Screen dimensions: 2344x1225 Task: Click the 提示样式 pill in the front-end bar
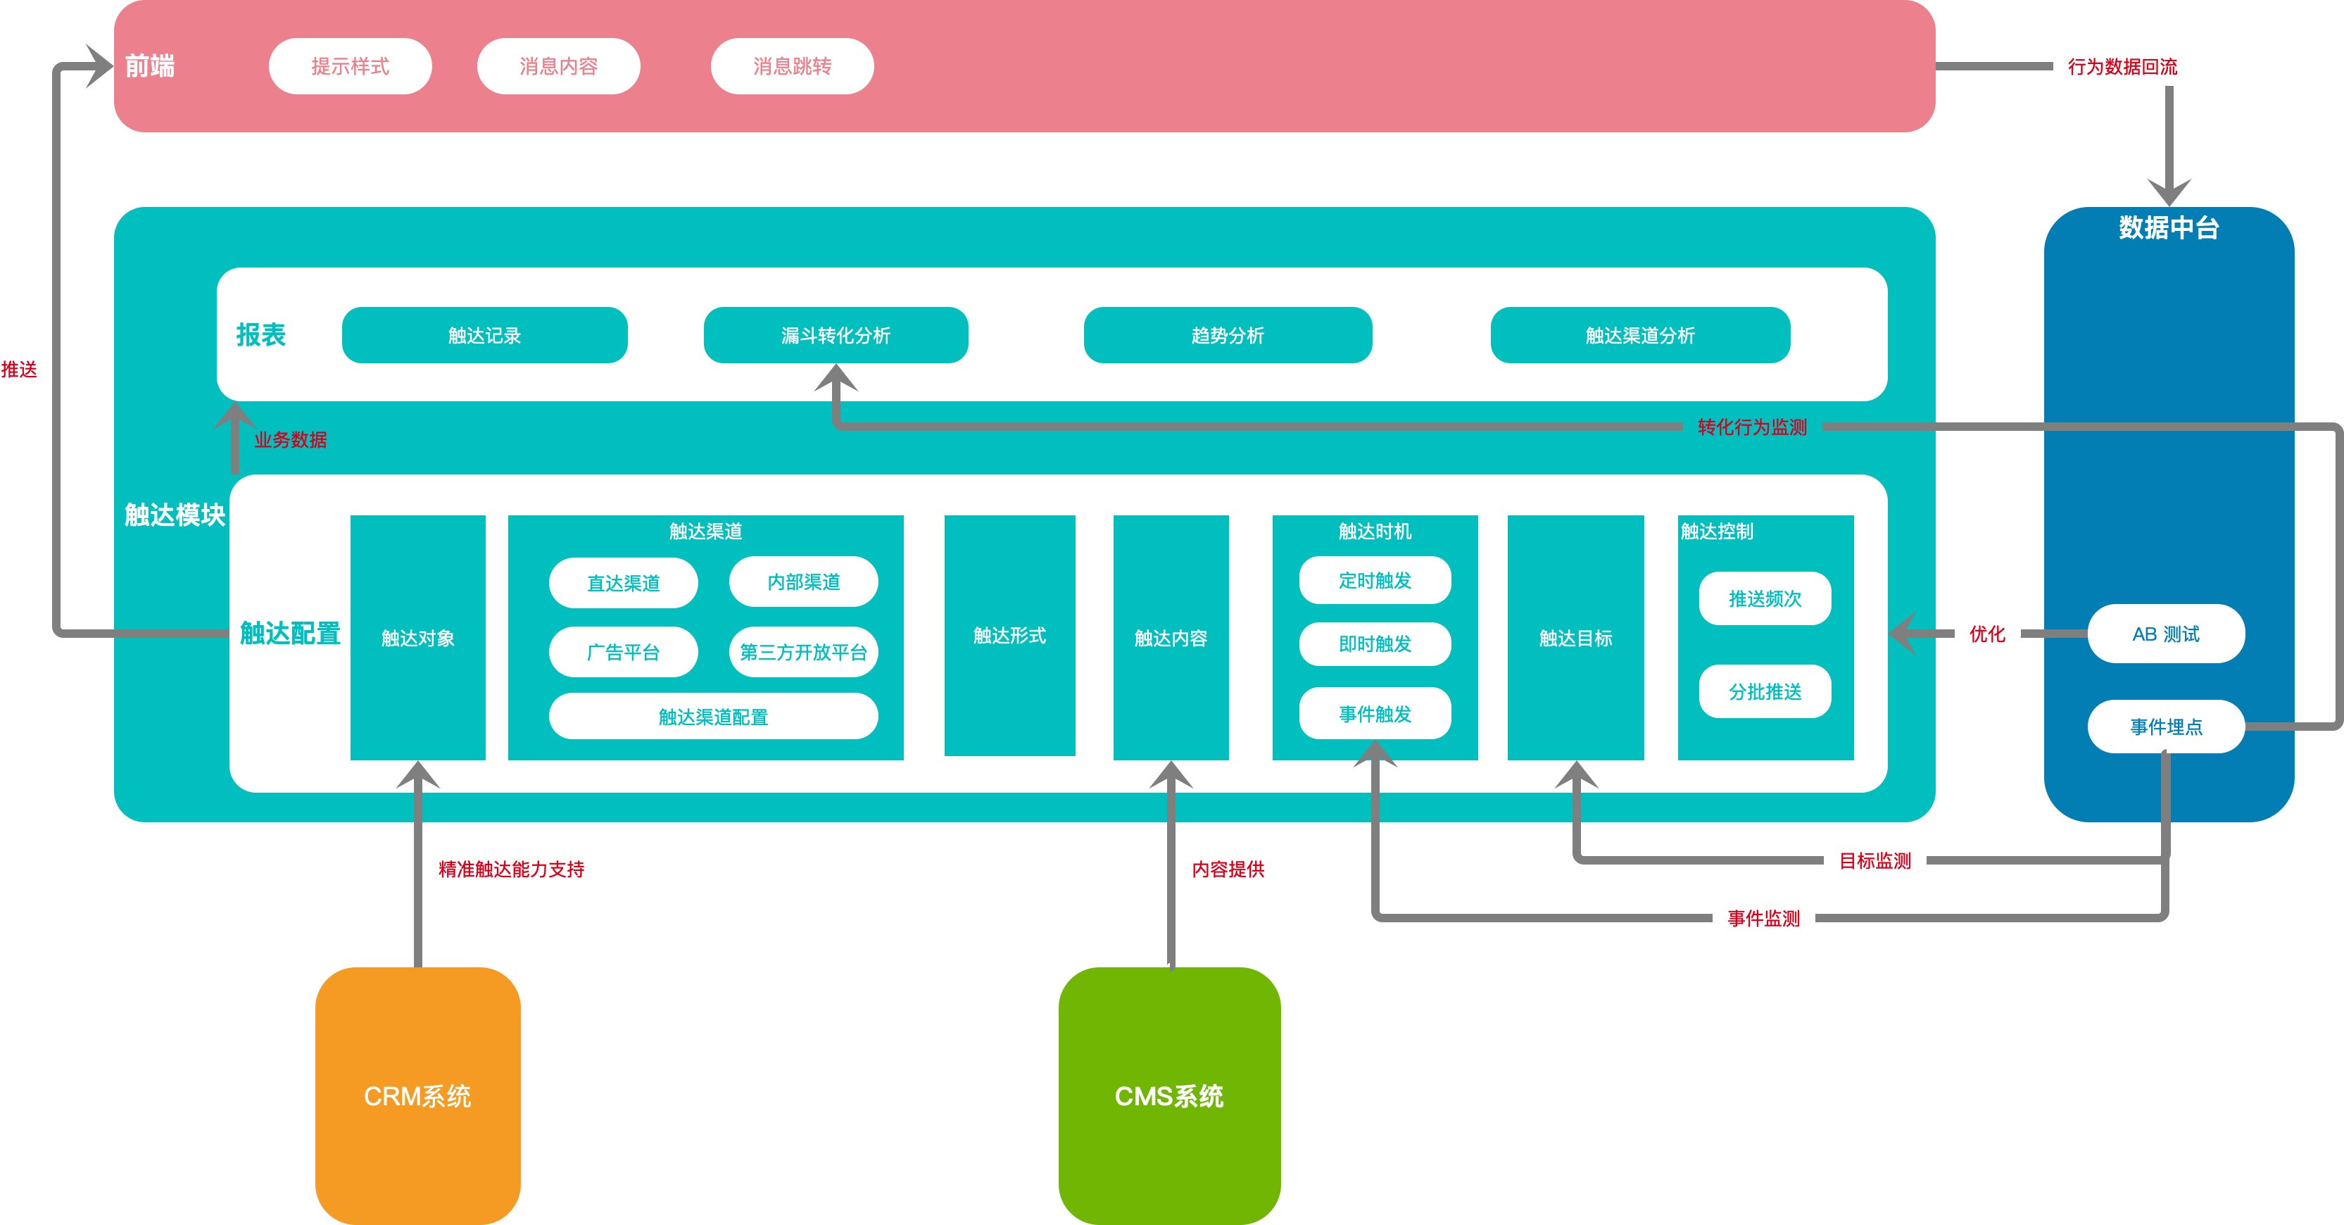351,66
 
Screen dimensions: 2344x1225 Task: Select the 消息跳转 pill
792,66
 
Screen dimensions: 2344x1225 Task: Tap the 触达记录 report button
484,335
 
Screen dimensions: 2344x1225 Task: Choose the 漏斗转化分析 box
836,335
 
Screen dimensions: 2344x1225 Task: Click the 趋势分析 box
1228,335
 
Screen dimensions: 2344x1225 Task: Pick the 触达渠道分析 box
1639,335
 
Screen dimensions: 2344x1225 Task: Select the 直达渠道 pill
624,582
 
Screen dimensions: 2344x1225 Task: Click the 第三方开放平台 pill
803,652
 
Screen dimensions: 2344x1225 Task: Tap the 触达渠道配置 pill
713,716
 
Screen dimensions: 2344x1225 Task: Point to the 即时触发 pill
1375,644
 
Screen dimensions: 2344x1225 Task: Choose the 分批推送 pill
1765,691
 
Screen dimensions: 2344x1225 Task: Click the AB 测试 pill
2166,634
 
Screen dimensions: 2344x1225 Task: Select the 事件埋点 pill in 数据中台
2166,727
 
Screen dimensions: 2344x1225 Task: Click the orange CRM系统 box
417,1095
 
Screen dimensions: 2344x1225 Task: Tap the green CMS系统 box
1169,1095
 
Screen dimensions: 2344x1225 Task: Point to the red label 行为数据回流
2122,66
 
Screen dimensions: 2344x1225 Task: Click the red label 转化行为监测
1751,427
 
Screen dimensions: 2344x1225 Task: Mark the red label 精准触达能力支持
511,869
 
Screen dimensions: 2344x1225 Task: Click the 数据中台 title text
2169,227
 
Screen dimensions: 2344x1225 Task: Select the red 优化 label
1987,634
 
